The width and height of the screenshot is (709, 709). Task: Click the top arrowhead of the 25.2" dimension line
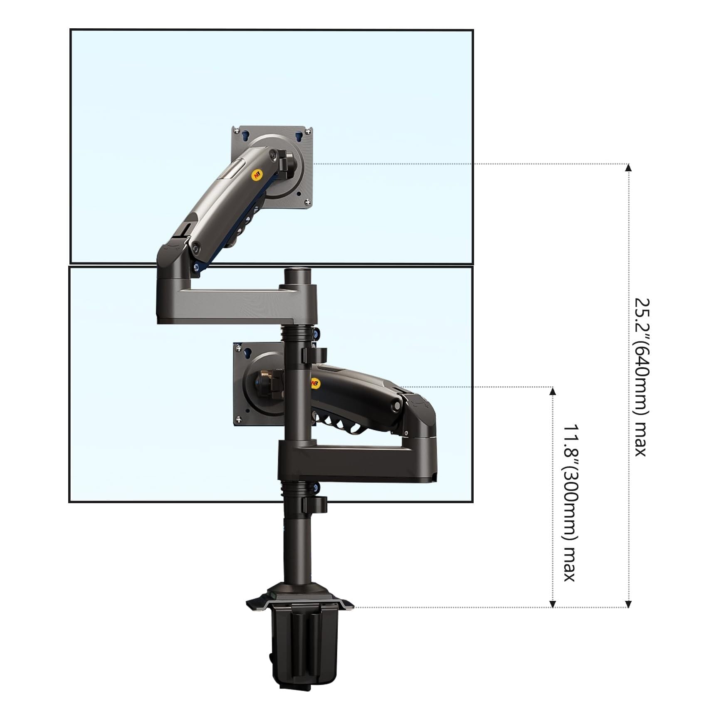click(x=628, y=168)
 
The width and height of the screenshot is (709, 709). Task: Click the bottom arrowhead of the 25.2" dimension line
click(x=628, y=604)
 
